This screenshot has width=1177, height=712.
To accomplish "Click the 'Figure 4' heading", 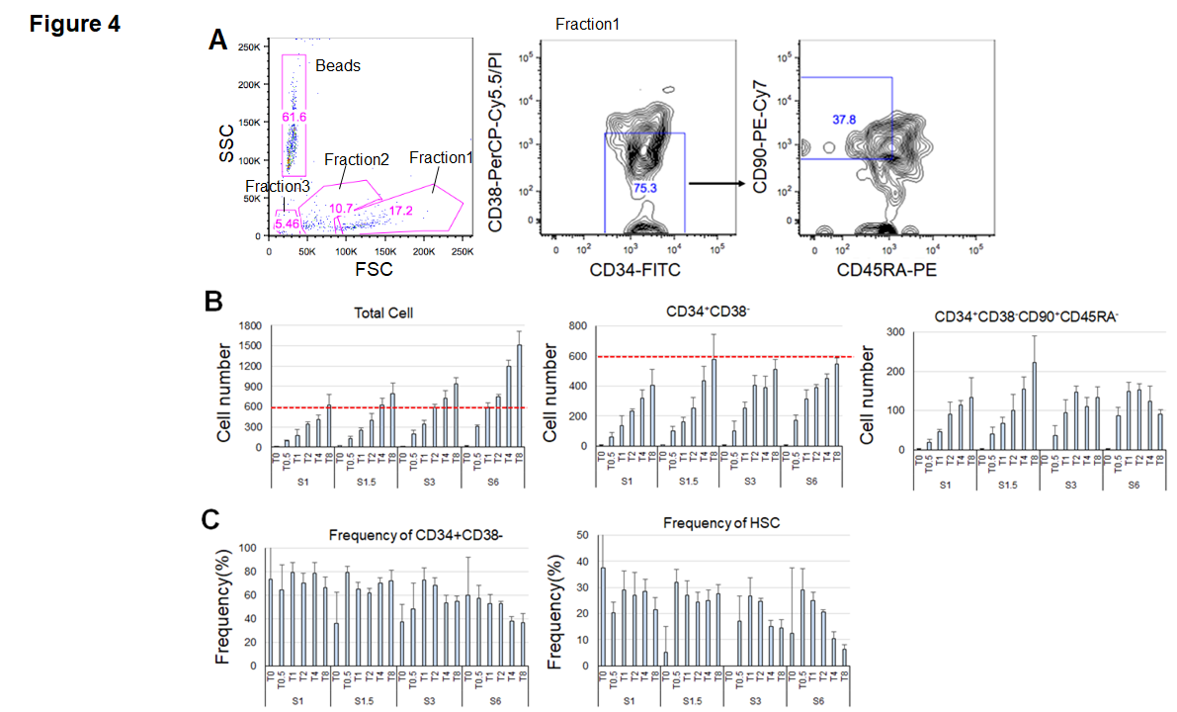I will click(75, 23).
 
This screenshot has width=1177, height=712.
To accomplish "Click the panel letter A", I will click(220, 40).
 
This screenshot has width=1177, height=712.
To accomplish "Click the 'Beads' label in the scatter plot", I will click(338, 65).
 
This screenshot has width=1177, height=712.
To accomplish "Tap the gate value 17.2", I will click(400, 210).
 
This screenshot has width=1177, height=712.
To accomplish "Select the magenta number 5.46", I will click(289, 224).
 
